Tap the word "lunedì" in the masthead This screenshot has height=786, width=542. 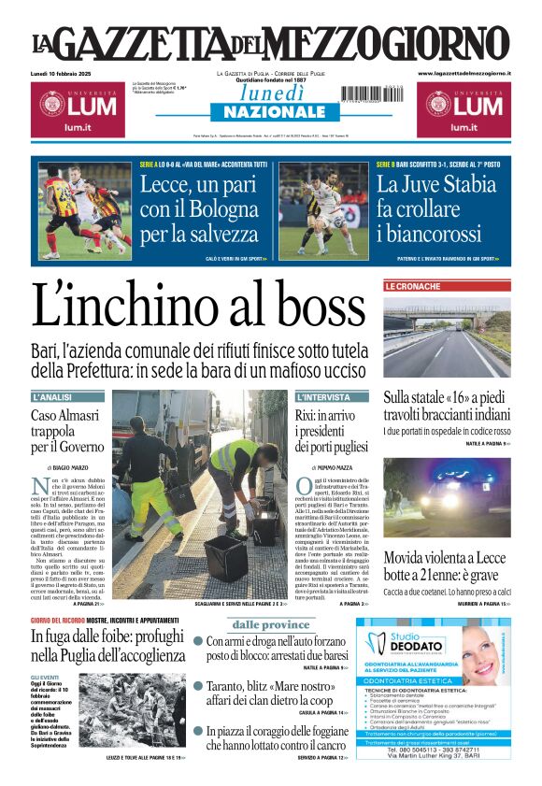270,94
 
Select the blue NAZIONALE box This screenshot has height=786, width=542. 270,112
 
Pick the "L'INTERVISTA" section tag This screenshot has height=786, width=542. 323,397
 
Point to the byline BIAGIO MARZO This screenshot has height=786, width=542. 71,466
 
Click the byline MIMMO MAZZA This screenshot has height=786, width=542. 333,466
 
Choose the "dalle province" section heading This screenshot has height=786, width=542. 270,624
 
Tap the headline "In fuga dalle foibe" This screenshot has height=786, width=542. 107,645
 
